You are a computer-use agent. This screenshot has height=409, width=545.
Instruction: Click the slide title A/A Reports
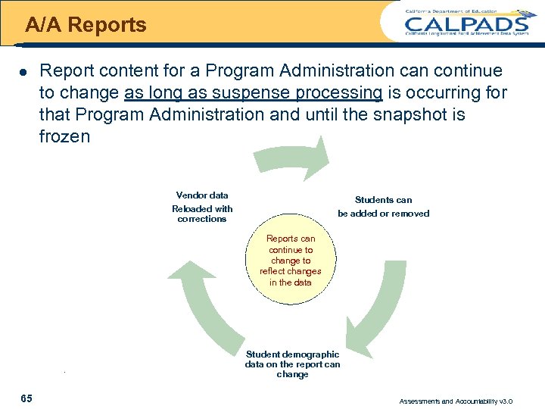pos(86,25)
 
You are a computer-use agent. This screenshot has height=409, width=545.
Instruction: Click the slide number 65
pos(26,398)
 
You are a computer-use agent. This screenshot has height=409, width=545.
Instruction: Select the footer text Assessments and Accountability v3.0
pos(456,401)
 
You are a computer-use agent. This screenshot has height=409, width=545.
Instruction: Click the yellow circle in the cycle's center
pos(291,261)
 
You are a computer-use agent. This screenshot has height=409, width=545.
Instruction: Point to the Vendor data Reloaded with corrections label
pos(202,207)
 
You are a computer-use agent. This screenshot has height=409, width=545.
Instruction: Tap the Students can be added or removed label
pos(383,207)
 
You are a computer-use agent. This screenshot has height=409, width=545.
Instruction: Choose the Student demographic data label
pos(292,364)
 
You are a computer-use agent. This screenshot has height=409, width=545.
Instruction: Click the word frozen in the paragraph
pos(64,137)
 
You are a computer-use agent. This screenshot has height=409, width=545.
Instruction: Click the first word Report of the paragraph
pos(63,71)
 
